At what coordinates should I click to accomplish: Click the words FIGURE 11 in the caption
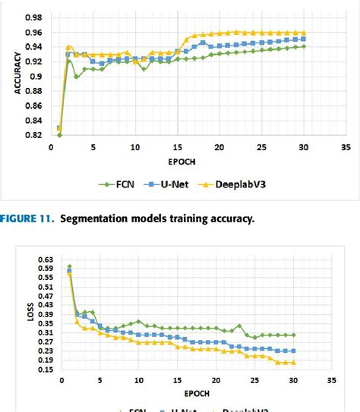click(27, 219)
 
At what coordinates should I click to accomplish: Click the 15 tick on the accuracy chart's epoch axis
click(177, 147)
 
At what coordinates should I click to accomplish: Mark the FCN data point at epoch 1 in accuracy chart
click(59, 134)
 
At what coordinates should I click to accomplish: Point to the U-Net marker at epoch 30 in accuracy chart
click(304, 39)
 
